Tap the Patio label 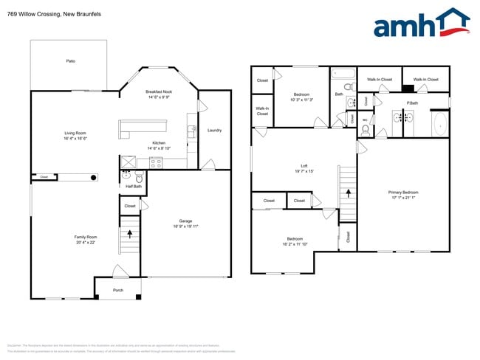click(71, 60)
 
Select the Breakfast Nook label click(159, 91)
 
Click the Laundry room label click(215, 131)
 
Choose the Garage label click(185, 221)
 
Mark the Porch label click(117, 290)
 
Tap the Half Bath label click(133, 187)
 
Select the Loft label click(304, 166)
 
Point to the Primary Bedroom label click(403, 193)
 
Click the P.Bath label click(411, 103)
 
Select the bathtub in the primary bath click(439, 124)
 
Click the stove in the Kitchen click(155, 163)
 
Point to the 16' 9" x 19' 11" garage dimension click(185, 226)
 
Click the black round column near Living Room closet click(93, 177)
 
